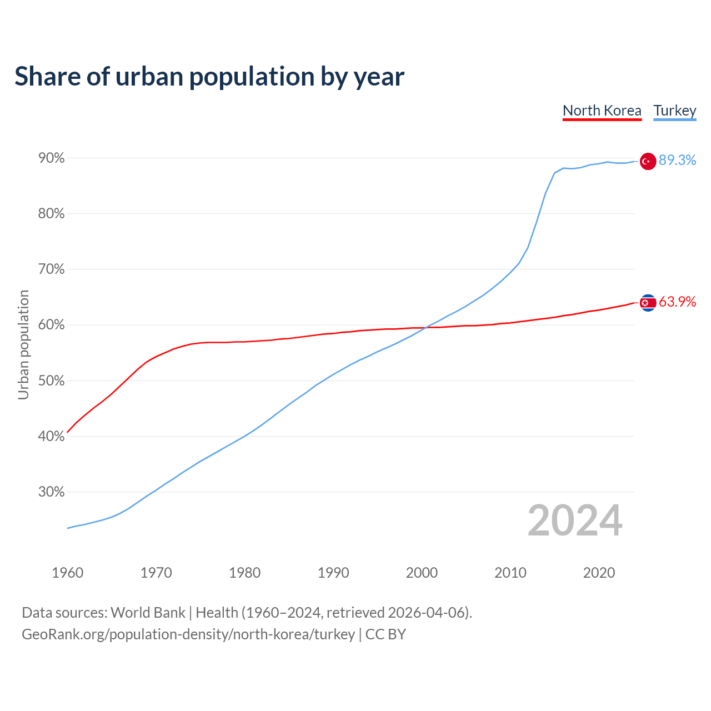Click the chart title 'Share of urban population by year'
tap(209, 77)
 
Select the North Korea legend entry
tap(602, 111)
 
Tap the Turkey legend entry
tap(675, 111)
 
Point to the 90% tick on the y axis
tap(52, 158)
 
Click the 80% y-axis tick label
tap(52, 214)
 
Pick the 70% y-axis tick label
tap(52, 269)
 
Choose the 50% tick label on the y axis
tap(52, 381)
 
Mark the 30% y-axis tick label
tap(52, 492)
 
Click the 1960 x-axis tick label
tap(67, 573)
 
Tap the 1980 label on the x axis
tap(244, 573)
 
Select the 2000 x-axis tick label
tap(422, 573)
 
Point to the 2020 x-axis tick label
tap(599, 573)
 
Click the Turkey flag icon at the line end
tap(648, 161)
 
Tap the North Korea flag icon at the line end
tap(648, 303)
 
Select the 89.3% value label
tap(677, 160)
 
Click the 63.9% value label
tap(677, 302)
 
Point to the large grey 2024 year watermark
tap(575, 520)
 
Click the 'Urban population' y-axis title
tap(23, 344)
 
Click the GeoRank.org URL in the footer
tap(188, 634)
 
